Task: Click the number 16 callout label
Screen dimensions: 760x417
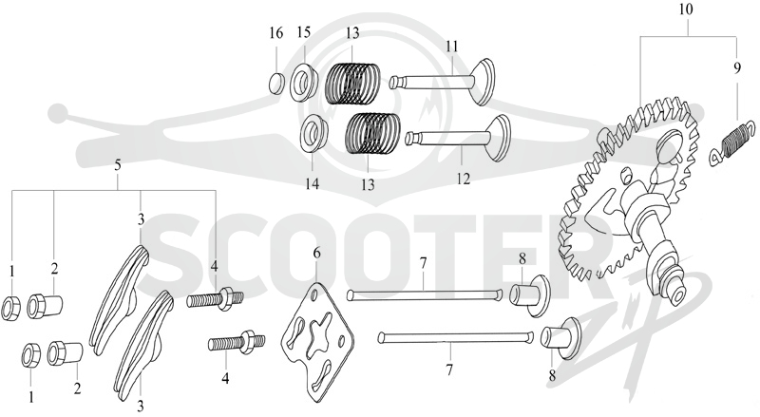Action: click(x=275, y=33)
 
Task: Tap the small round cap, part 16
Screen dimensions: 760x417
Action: click(x=276, y=83)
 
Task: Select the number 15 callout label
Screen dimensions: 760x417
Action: click(x=304, y=32)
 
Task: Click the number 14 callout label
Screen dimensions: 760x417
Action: click(x=313, y=184)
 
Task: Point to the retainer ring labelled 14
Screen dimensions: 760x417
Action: click(x=314, y=134)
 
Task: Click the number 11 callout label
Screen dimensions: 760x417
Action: click(x=452, y=47)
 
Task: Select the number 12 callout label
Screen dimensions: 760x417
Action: click(x=464, y=179)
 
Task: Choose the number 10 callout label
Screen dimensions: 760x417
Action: click(x=686, y=9)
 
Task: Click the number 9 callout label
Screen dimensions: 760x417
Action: click(x=737, y=68)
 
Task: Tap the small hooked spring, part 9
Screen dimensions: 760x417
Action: click(x=731, y=144)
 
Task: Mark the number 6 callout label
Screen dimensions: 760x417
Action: click(x=317, y=253)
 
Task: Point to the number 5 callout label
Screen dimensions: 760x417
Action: click(x=117, y=165)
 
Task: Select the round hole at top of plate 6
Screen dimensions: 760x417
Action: click(x=315, y=294)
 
